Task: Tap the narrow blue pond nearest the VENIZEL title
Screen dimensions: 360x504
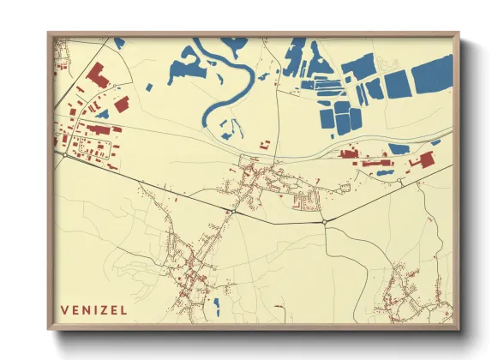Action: pos(216,306)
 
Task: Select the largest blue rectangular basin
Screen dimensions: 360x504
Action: pos(432,75)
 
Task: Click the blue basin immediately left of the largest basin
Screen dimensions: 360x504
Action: pos(396,84)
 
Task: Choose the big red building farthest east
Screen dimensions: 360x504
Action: pos(423,159)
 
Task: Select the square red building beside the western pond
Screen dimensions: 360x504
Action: pos(122,104)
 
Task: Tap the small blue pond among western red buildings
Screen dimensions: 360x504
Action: pos(104,113)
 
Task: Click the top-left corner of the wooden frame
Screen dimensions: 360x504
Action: pos(50,35)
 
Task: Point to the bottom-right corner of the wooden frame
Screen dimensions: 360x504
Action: pos(457,327)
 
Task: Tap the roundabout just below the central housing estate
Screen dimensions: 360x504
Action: pos(325,221)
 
